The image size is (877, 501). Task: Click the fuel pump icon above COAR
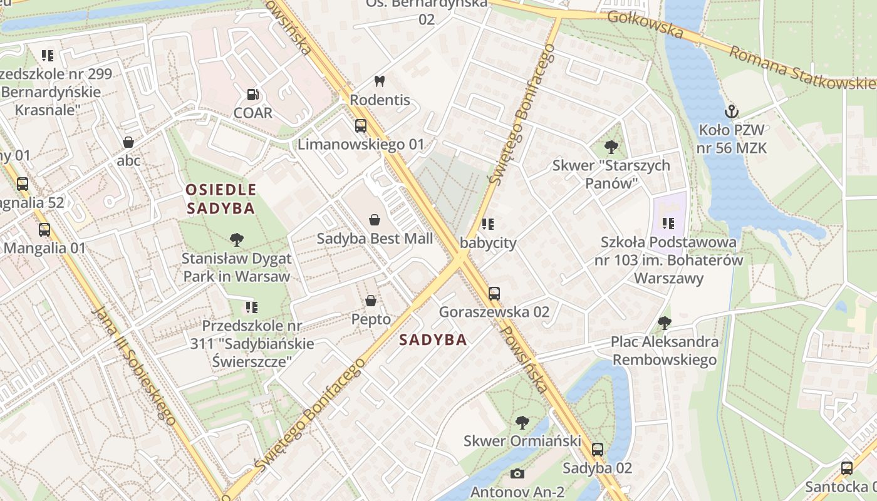point(252,95)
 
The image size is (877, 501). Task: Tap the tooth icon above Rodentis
point(379,81)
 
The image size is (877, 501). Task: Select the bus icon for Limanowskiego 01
point(361,126)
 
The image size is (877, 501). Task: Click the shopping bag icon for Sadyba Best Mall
point(375,220)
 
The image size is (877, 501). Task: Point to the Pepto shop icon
point(371,301)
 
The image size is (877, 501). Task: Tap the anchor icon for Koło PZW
point(731,112)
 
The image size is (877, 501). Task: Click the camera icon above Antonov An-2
point(517,473)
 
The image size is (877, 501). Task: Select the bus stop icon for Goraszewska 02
point(494,293)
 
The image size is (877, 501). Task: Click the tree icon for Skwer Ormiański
point(522,423)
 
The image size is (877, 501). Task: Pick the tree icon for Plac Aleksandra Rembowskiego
point(665,323)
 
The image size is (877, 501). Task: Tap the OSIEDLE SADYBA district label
point(221,199)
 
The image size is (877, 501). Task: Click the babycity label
point(488,243)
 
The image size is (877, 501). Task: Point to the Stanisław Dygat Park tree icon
point(237,239)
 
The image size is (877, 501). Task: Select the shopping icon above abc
point(128,142)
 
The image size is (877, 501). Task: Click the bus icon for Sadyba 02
point(598,449)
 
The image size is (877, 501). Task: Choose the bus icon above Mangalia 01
point(44,229)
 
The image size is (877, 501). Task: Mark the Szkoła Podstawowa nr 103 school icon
point(668,223)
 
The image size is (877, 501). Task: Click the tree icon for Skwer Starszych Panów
point(611,147)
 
